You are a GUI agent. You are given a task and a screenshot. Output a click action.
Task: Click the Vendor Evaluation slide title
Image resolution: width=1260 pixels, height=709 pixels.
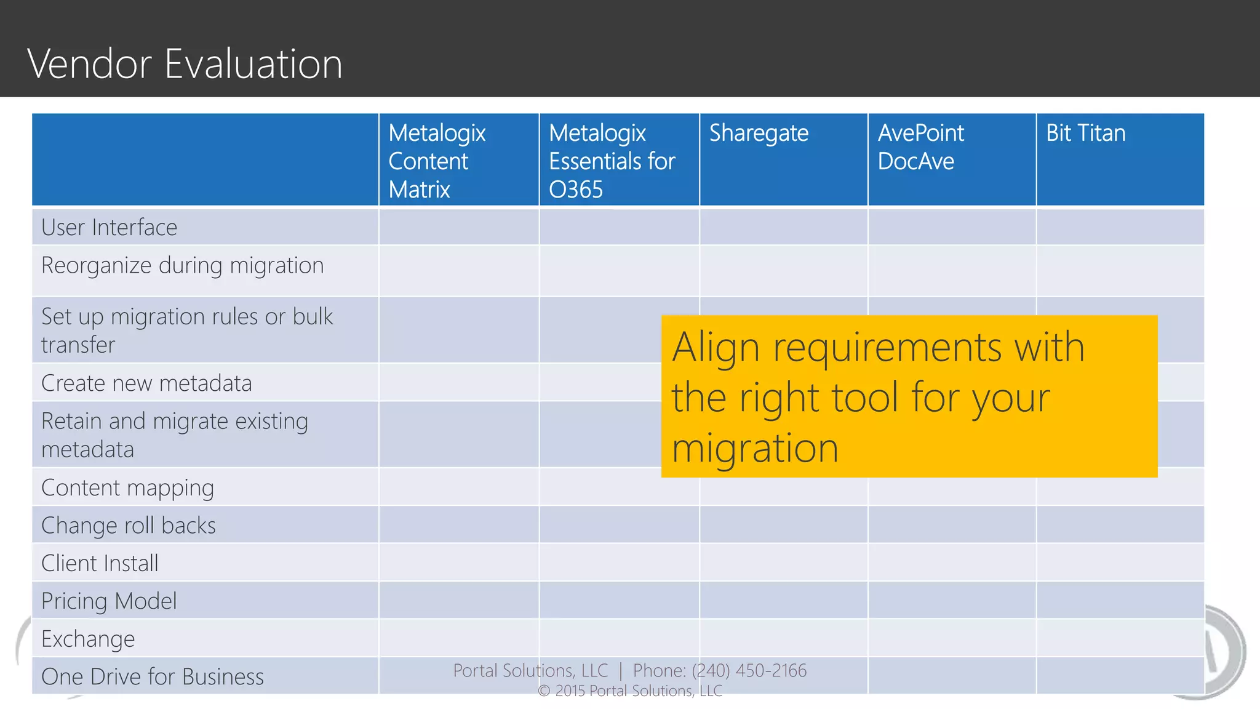[x=185, y=63]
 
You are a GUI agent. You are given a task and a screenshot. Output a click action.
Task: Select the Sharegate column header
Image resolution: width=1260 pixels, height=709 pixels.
[x=759, y=134]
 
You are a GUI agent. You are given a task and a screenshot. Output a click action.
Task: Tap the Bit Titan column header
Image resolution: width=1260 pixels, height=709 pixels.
[x=1085, y=134]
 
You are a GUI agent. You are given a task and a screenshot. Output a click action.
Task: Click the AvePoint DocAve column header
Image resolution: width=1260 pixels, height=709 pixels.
[x=920, y=147]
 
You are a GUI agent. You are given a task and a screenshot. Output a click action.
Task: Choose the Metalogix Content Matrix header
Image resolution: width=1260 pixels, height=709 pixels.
[x=437, y=161]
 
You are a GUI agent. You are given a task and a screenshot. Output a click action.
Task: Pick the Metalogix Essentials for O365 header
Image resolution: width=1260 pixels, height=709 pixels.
[x=612, y=161]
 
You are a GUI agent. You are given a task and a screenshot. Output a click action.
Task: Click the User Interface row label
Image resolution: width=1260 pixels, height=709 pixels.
[x=110, y=228]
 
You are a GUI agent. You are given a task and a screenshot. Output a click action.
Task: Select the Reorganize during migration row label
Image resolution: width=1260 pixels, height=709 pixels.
[x=182, y=266]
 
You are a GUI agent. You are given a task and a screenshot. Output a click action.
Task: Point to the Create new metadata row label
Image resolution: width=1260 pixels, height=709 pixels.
[x=146, y=383]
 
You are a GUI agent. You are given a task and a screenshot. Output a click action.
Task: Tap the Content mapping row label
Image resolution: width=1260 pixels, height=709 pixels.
[x=127, y=488]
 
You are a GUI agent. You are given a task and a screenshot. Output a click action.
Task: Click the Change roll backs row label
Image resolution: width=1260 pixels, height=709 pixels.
[x=128, y=526]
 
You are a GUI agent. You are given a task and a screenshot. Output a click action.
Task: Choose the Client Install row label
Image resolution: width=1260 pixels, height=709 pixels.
[x=100, y=564]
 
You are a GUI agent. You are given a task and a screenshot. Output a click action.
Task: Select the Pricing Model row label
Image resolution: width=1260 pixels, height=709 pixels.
[x=109, y=601]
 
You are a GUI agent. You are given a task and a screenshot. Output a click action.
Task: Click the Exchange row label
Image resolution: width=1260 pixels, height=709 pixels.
[x=88, y=639]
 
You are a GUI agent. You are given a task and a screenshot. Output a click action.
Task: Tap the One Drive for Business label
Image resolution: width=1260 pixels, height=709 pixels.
[x=152, y=677]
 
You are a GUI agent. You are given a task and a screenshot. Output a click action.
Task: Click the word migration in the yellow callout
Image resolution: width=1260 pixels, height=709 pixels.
[x=755, y=448]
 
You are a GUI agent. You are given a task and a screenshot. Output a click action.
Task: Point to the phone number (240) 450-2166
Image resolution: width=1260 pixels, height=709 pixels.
[x=749, y=670]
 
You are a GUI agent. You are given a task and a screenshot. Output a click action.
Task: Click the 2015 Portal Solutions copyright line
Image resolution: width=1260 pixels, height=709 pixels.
[x=630, y=691]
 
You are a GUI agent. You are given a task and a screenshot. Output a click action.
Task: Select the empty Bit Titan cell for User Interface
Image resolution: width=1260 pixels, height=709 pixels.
[x=1120, y=227]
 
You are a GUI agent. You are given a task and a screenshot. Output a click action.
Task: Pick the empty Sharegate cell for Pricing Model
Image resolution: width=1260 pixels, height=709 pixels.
[x=783, y=600]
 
